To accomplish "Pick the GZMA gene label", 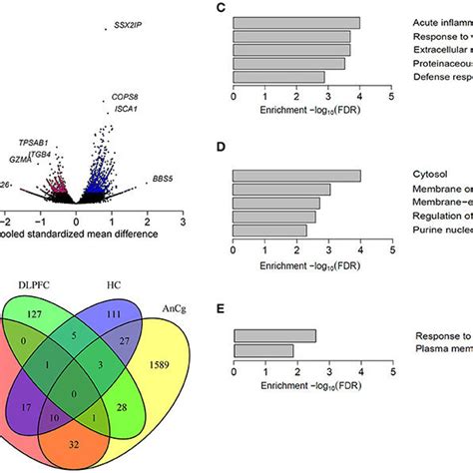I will point(20,159).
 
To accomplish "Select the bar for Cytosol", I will point(296,176).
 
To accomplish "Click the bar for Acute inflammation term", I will point(296,22).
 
